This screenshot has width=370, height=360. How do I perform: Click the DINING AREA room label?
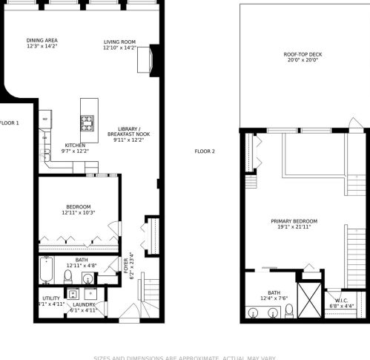tap(42, 40)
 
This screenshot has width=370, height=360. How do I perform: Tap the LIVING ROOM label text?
tap(119, 42)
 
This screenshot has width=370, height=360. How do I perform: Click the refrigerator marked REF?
tap(45, 120)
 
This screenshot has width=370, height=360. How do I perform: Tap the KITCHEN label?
tap(76, 145)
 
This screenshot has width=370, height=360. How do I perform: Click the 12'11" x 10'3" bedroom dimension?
tap(79, 212)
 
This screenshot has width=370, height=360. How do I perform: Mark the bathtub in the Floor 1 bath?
tap(46, 270)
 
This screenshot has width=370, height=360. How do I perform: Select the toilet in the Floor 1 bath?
tap(67, 276)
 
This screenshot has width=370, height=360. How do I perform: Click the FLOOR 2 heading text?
tap(205, 151)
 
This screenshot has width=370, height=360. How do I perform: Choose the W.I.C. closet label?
tap(341, 300)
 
